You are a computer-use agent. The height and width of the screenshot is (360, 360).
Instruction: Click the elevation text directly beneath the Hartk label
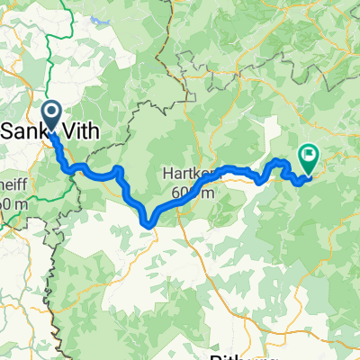pyautogui.click(x=191, y=193)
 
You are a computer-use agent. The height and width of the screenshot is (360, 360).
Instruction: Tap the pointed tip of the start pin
pyautogui.click(x=50, y=133)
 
